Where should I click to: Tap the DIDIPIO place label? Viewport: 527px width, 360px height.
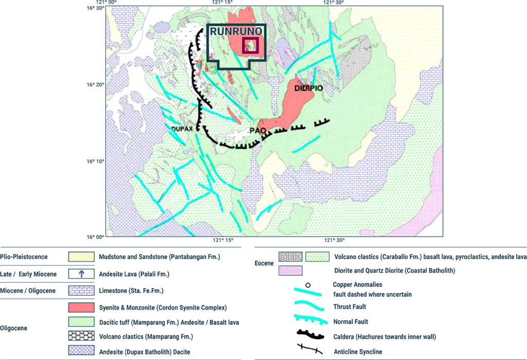pos(309,88)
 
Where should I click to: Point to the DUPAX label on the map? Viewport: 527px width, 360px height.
pos(182,129)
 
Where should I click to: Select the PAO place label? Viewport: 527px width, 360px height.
pos(257,131)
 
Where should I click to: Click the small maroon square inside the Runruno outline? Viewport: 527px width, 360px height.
pos(250,45)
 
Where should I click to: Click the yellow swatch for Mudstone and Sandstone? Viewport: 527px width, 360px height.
pos(81,257)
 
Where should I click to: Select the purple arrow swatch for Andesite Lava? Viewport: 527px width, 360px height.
pos(81,274)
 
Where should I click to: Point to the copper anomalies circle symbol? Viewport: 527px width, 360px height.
pos(307,284)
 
